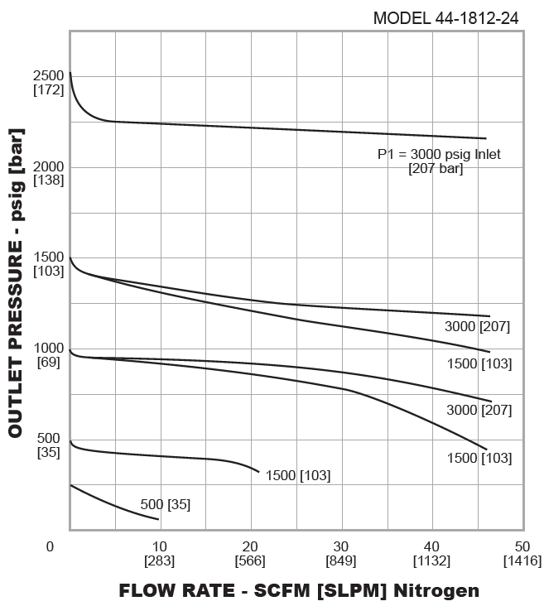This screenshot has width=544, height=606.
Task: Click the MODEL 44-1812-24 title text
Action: click(x=445, y=17)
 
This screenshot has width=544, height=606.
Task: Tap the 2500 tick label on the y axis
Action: click(x=49, y=76)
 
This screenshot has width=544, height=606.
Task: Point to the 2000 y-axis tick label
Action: click(x=49, y=166)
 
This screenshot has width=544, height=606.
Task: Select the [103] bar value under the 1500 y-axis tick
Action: click(x=49, y=271)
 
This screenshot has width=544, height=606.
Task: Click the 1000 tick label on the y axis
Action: click(x=49, y=349)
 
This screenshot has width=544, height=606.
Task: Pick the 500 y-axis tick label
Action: click(x=49, y=438)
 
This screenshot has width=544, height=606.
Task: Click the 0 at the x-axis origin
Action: click(x=50, y=546)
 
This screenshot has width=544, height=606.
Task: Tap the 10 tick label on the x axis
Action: click(x=160, y=546)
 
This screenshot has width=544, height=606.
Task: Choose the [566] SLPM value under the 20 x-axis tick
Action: click(x=250, y=560)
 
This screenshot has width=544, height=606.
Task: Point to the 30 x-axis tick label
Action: click(x=341, y=546)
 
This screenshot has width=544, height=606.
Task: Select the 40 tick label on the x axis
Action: click(x=431, y=546)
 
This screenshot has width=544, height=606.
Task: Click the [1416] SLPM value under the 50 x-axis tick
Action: click(x=522, y=560)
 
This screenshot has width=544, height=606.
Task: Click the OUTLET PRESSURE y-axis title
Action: click(x=15, y=282)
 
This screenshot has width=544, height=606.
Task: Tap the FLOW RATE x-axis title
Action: click(x=299, y=590)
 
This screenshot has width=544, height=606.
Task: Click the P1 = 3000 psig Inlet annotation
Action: click(x=439, y=154)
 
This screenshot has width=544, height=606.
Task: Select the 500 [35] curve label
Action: click(x=165, y=504)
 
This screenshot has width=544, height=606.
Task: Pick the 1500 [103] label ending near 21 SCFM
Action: click(x=298, y=475)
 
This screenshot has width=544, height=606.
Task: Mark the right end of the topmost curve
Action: click(x=485, y=138)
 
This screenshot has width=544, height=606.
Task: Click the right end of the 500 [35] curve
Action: click(x=158, y=519)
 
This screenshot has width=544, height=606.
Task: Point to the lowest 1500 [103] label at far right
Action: click(x=479, y=458)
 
